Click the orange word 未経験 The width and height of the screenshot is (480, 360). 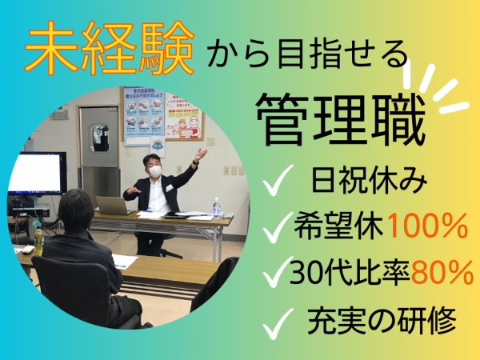(x=110, y=48)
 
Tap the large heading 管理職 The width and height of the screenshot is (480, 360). (x=341, y=120)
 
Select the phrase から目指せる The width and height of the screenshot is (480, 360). (x=308, y=54)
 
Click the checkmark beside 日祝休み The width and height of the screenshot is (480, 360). (x=278, y=180)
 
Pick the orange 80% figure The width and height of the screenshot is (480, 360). (x=442, y=272)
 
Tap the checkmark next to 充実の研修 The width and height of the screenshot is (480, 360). (x=278, y=324)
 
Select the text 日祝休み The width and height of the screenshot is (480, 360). (x=369, y=179)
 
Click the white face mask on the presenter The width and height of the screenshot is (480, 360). (x=155, y=171)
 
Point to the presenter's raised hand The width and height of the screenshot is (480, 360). (x=201, y=154)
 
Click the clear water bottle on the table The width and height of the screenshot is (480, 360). (x=217, y=208)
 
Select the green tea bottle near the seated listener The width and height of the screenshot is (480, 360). (x=38, y=242)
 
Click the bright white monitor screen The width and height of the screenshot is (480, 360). (x=35, y=173)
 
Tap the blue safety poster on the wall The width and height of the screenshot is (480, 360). (x=144, y=116)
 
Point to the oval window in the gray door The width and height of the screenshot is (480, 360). (x=99, y=138)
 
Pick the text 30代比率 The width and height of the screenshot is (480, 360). (x=350, y=272)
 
